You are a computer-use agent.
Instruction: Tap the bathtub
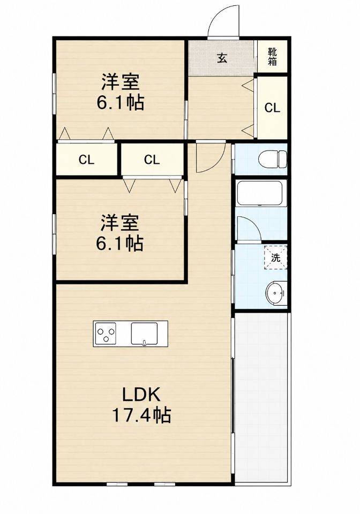(261, 193)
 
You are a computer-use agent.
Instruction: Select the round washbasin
(276, 293)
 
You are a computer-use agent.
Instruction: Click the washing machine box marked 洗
(276, 258)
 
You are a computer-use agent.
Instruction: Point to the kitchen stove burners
(106, 333)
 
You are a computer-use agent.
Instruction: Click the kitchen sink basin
(144, 334)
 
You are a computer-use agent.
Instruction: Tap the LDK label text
(141, 395)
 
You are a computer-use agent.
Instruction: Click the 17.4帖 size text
(141, 415)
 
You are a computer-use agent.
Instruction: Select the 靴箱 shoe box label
(273, 56)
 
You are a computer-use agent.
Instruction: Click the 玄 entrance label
(222, 58)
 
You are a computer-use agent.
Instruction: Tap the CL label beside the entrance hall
(273, 108)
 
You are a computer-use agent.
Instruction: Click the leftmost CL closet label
(87, 160)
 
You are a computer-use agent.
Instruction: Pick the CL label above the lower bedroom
(152, 160)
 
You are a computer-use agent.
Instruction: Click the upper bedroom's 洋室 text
(121, 82)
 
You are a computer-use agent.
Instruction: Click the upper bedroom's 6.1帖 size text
(121, 103)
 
